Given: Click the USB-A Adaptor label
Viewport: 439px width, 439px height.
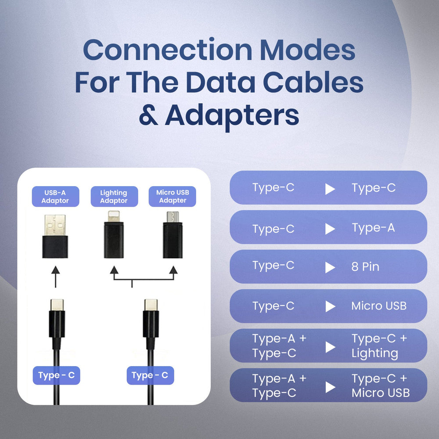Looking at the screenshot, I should click(x=55, y=197).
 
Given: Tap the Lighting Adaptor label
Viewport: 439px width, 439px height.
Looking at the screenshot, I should click(x=114, y=197).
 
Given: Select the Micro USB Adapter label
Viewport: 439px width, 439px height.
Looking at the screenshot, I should click(x=173, y=197).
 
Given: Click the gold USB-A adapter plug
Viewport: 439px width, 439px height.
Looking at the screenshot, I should click(x=55, y=225).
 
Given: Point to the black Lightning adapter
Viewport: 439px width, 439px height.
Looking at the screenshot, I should click(x=114, y=235).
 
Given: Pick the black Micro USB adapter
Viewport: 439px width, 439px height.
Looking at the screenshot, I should click(x=173, y=235).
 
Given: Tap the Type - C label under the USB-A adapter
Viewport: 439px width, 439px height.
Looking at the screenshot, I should click(x=56, y=375).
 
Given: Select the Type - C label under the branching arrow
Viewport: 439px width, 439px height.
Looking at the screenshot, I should click(x=150, y=375).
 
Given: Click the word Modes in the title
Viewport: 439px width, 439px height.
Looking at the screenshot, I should click(x=307, y=50).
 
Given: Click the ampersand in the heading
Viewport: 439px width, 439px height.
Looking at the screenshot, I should click(x=148, y=115).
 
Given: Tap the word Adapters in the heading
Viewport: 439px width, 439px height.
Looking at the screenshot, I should click(x=232, y=115).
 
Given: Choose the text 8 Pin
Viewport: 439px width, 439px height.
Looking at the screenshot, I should click(x=365, y=267).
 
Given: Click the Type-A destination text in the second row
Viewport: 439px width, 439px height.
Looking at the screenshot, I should click(x=373, y=228).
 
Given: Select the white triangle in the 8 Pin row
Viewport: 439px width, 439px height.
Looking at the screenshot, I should click(x=330, y=267).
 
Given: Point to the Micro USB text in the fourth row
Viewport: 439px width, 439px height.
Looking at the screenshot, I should click(x=379, y=306).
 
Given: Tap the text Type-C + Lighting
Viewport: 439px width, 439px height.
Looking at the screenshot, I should click(x=379, y=346).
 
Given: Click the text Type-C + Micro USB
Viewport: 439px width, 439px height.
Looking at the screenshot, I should click(x=380, y=385).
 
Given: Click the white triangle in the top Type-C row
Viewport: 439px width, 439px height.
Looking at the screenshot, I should click(x=330, y=189).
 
